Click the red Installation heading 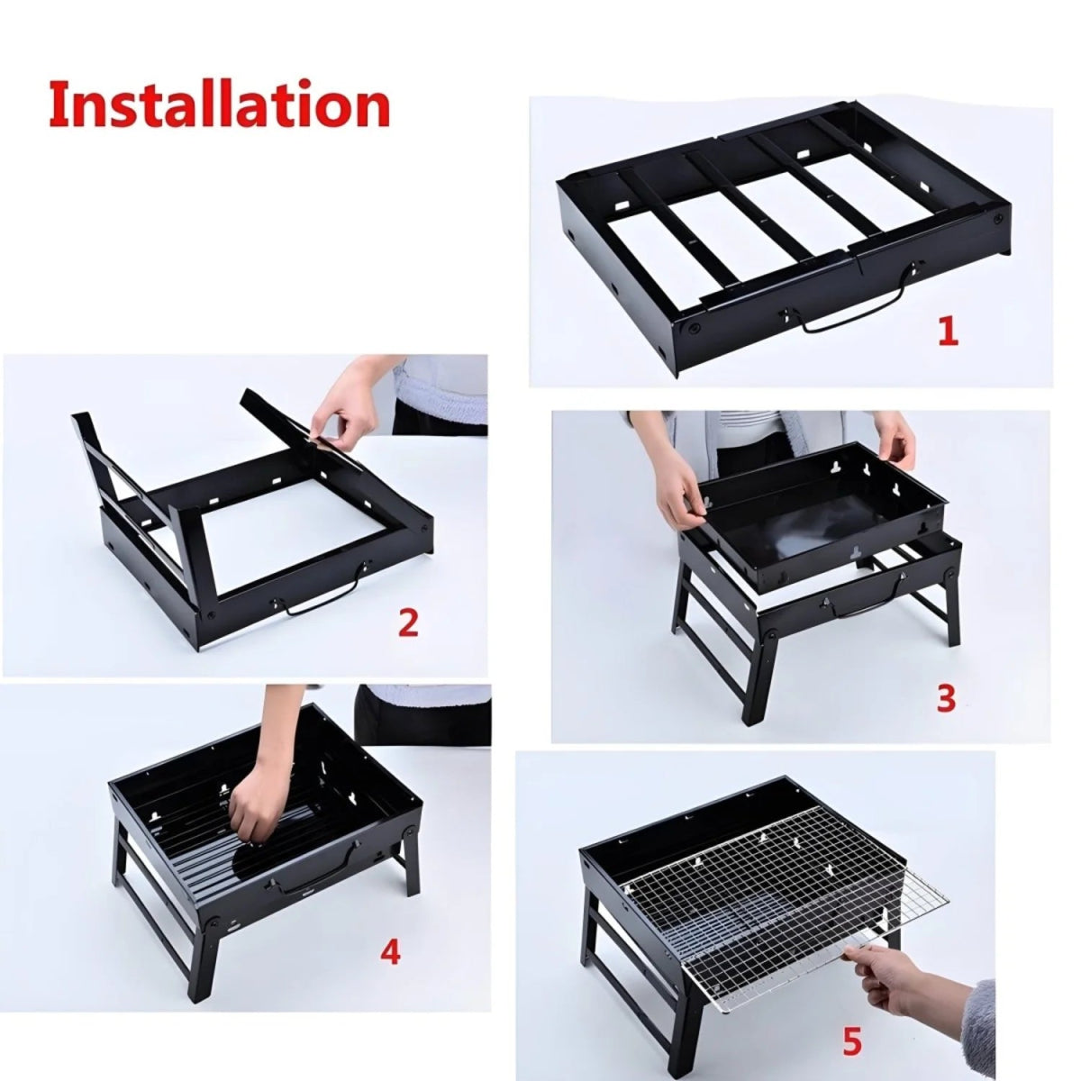point(219,105)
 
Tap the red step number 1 point(947,332)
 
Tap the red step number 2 point(408,622)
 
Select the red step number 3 point(945,699)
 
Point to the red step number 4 point(389,952)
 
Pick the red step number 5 point(851,1042)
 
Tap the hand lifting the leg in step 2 point(347,405)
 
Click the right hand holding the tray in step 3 point(896,441)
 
